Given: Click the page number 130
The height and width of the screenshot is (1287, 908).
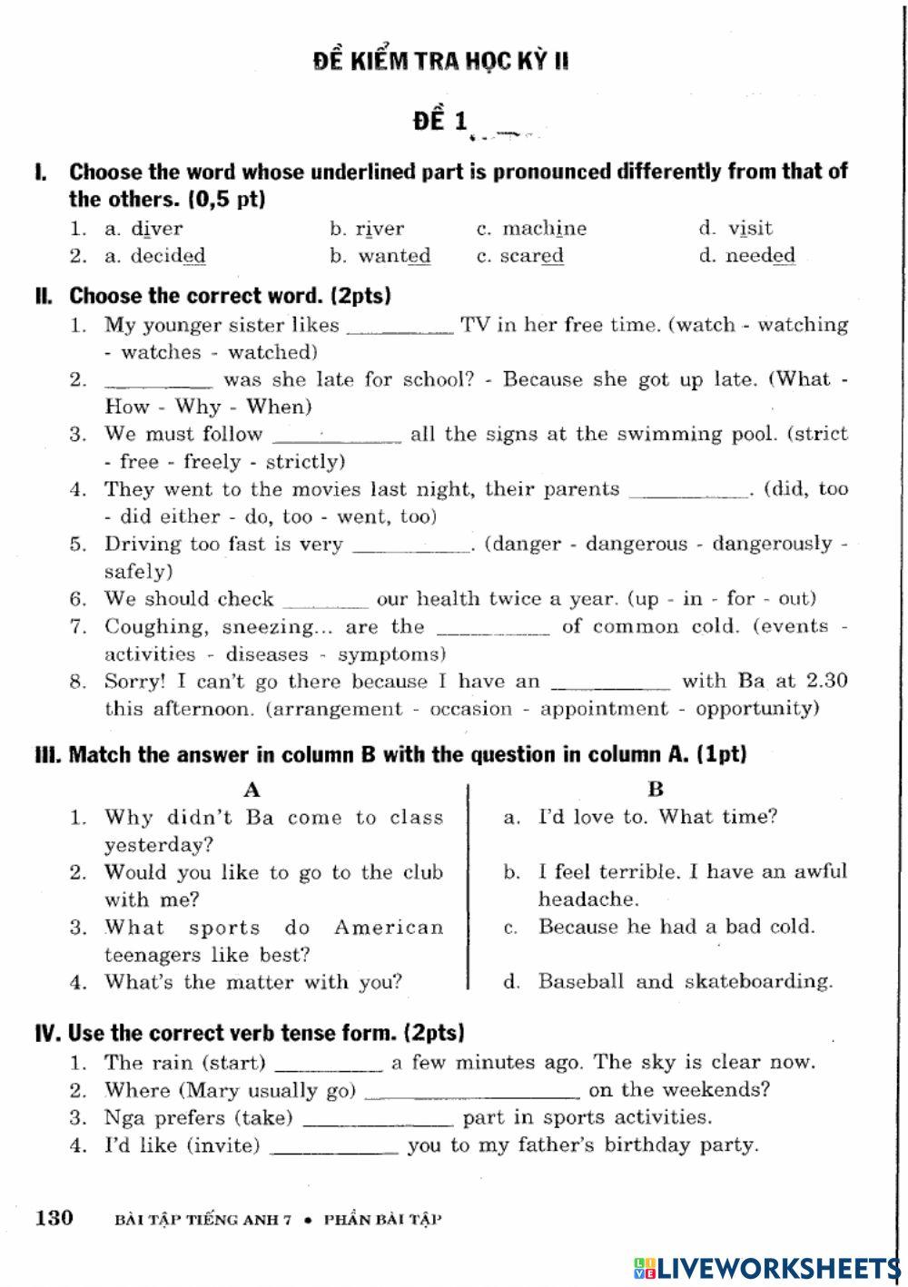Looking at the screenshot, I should click(x=54, y=1217).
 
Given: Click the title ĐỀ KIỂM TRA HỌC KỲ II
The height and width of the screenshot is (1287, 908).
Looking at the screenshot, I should click(x=441, y=61).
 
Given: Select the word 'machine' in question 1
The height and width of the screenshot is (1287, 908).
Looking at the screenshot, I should click(x=544, y=229).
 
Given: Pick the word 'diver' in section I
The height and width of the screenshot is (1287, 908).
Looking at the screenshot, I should click(x=156, y=229).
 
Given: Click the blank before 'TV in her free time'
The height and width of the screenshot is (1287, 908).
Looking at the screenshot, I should click(x=400, y=327).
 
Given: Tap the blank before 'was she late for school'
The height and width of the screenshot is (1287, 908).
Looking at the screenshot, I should click(x=158, y=381).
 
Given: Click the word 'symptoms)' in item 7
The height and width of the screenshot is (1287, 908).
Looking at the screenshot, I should click(x=392, y=654).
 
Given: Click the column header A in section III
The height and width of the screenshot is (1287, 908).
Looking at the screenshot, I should click(x=252, y=789).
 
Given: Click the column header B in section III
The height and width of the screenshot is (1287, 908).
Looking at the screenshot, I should click(x=656, y=789).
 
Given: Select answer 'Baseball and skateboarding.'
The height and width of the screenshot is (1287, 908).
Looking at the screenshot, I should click(x=685, y=981).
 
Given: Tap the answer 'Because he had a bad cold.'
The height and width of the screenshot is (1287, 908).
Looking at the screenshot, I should click(x=676, y=927).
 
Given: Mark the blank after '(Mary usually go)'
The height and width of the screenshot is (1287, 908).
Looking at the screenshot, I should click(x=471, y=1092).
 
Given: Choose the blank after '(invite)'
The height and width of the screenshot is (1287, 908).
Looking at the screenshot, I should click(x=334, y=1147).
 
